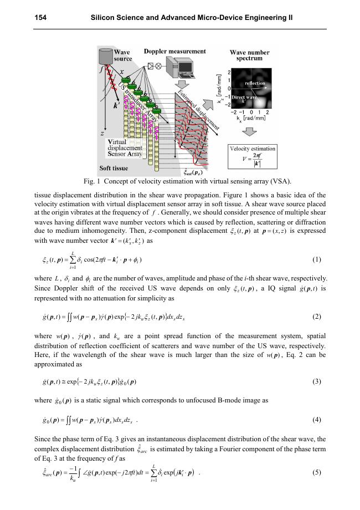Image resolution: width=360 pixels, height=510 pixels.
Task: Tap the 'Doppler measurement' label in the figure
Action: [174, 51]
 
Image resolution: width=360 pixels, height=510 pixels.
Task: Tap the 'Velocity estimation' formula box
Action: [252, 157]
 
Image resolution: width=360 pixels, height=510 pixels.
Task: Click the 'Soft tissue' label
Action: [114, 168]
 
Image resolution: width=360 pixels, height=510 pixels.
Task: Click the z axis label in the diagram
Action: [102, 134]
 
